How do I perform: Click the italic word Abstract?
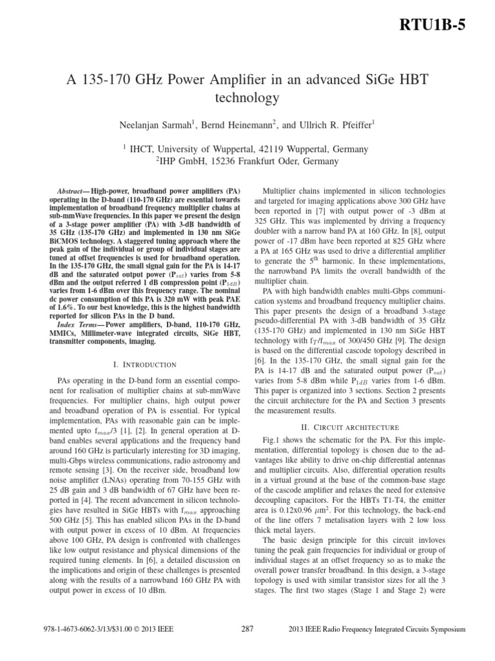68,192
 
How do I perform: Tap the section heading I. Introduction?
145,365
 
